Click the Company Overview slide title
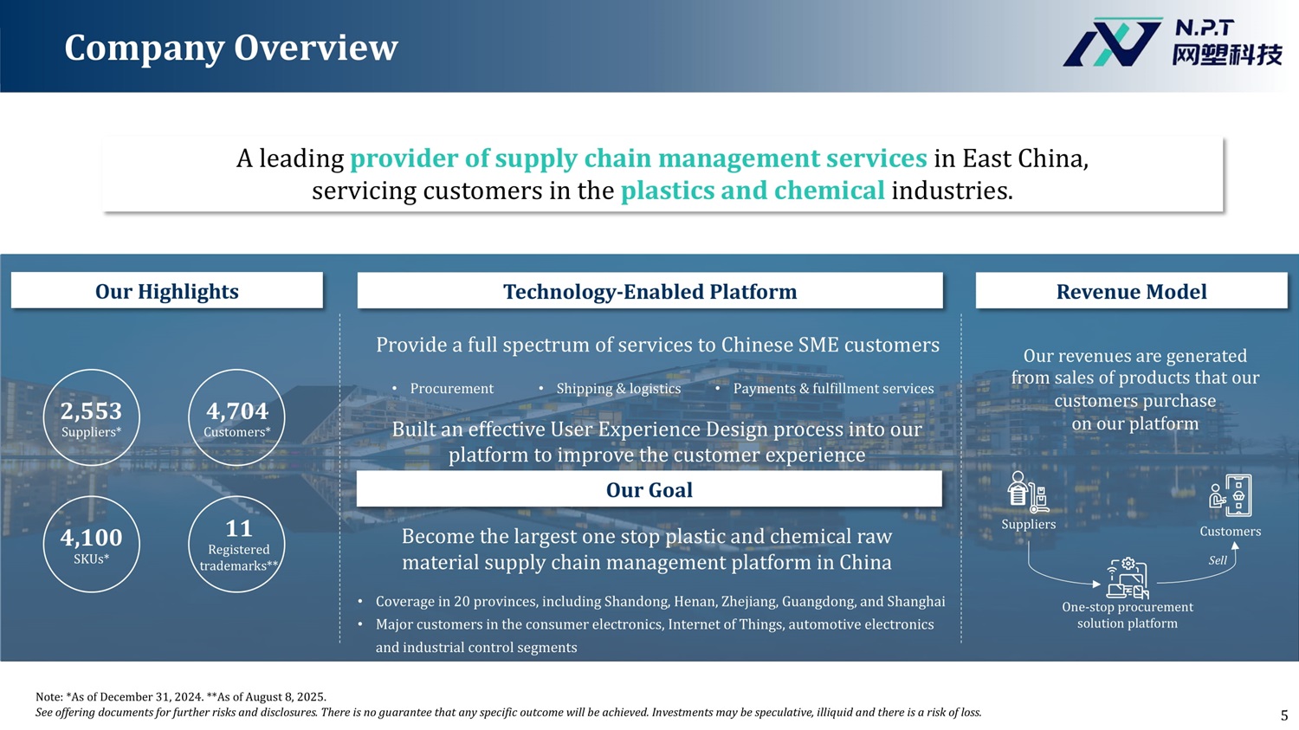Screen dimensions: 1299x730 [231, 48]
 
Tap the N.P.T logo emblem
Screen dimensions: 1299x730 [1112, 42]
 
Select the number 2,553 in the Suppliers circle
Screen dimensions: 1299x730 [91, 411]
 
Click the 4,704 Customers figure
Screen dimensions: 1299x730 [237, 411]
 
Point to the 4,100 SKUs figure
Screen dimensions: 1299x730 [91, 538]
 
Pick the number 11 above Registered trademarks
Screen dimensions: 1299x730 [238, 528]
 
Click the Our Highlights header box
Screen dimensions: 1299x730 [167, 290]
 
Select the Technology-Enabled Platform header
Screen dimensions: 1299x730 [650, 290]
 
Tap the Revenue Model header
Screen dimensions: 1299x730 [1131, 290]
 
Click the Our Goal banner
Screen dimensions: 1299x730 [649, 489]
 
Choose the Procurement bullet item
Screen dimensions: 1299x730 [452, 389]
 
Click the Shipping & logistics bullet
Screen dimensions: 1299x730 [619, 389]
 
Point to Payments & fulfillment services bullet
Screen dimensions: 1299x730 [833, 389]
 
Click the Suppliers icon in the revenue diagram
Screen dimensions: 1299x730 [1028, 492]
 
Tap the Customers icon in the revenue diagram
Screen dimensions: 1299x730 [1231, 495]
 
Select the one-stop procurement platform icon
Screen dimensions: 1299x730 [1128, 578]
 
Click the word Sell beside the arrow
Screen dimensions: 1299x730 [1218, 560]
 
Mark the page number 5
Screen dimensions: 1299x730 [1284, 715]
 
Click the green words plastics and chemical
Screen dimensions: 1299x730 [753, 191]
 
